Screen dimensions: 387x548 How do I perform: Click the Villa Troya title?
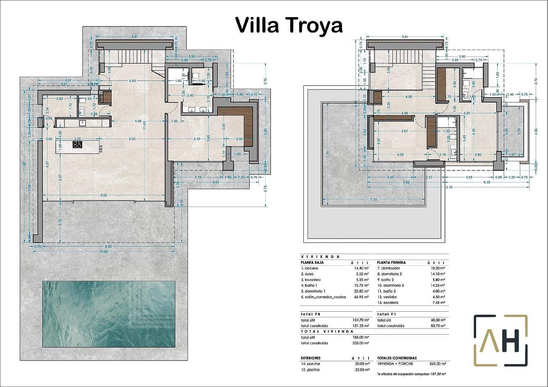pyautogui.click(x=289, y=25)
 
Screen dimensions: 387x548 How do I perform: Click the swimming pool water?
pyautogui.click(x=109, y=314)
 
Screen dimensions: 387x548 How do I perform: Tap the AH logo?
pyautogui.click(x=500, y=341)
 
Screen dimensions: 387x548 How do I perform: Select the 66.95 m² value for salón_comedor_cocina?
pyautogui.click(x=361, y=297)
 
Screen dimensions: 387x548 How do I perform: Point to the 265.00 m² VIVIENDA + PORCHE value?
pyautogui.click(x=437, y=364)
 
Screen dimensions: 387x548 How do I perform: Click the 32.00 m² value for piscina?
pyautogui.click(x=362, y=370)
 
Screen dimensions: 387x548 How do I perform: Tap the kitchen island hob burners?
pyautogui.click(x=77, y=145)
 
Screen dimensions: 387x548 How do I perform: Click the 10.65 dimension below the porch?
pyautogui.click(x=104, y=251)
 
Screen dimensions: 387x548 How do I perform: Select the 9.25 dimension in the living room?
pyautogui.click(x=104, y=195)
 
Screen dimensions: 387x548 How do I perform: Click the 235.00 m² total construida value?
pyautogui.click(x=361, y=343)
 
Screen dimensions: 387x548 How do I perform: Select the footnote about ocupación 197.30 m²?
pyautogui.click(x=411, y=374)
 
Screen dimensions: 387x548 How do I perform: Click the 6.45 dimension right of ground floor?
pyautogui.click(x=216, y=183)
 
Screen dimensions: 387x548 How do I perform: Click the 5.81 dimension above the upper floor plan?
pyautogui.click(x=405, y=37)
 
